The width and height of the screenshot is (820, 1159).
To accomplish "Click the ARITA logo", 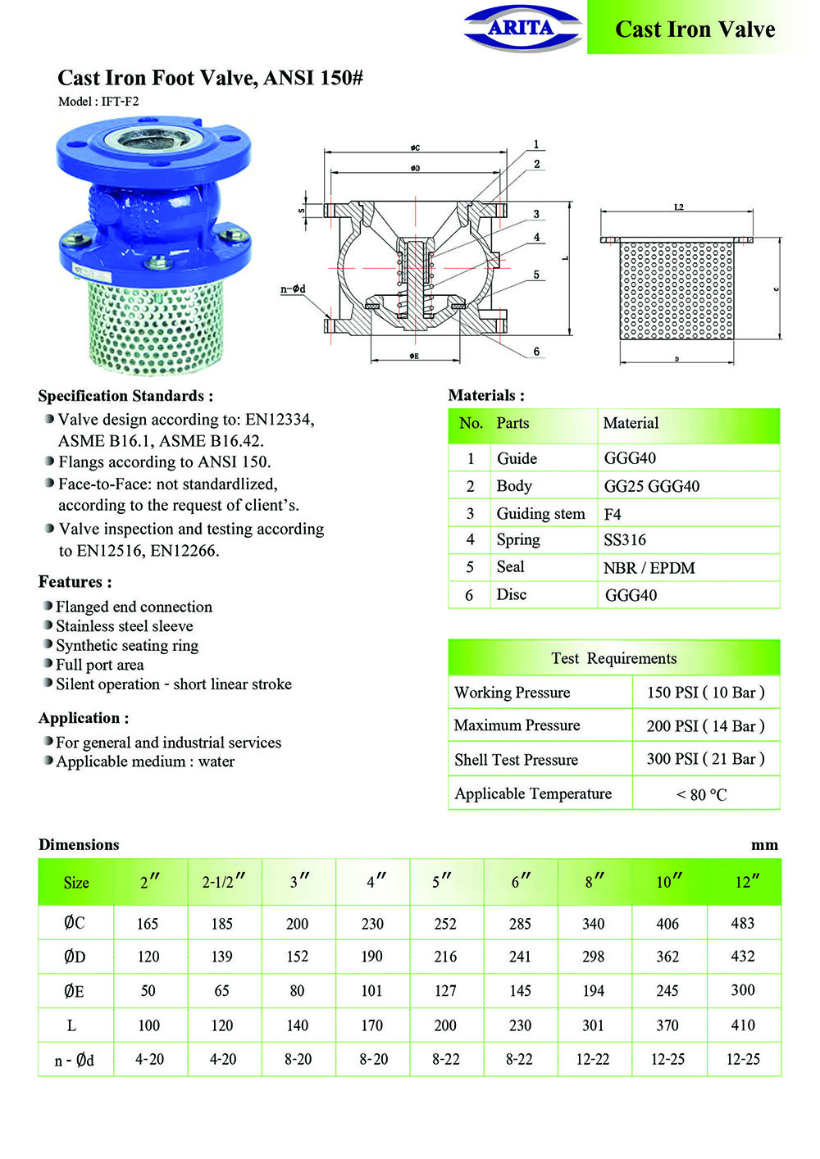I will pyautogui.click(x=522, y=28).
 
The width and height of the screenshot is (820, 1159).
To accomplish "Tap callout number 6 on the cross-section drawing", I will pyautogui.click(x=536, y=352).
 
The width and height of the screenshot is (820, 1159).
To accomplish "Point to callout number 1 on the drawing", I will pyautogui.click(x=536, y=144).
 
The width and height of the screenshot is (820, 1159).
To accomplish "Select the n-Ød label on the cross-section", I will pyautogui.click(x=293, y=289).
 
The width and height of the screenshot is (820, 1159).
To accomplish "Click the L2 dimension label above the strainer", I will pyautogui.click(x=678, y=207).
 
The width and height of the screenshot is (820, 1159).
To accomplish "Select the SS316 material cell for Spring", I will pyautogui.click(x=625, y=540).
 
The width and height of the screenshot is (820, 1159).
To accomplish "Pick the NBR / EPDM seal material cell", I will pyautogui.click(x=649, y=568).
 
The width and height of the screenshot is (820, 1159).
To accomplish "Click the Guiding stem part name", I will pyautogui.click(x=540, y=514).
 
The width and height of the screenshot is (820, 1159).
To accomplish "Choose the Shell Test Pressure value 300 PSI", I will pyautogui.click(x=705, y=759).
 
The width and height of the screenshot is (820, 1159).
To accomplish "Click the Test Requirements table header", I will pyautogui.click(x=613, y=658).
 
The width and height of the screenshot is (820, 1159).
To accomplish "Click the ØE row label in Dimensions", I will pyautogui.click(x=74, y=991).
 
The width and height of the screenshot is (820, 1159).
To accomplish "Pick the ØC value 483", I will pyautogui.click(x=742, y=923).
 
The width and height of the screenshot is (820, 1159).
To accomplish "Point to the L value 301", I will pyautogui.click(x=593, y=1025).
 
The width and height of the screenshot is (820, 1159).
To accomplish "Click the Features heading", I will pyautogui.click(x=75, y=582).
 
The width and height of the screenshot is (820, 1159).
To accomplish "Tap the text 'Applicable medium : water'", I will pyautogui.click(x=145, y=761).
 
